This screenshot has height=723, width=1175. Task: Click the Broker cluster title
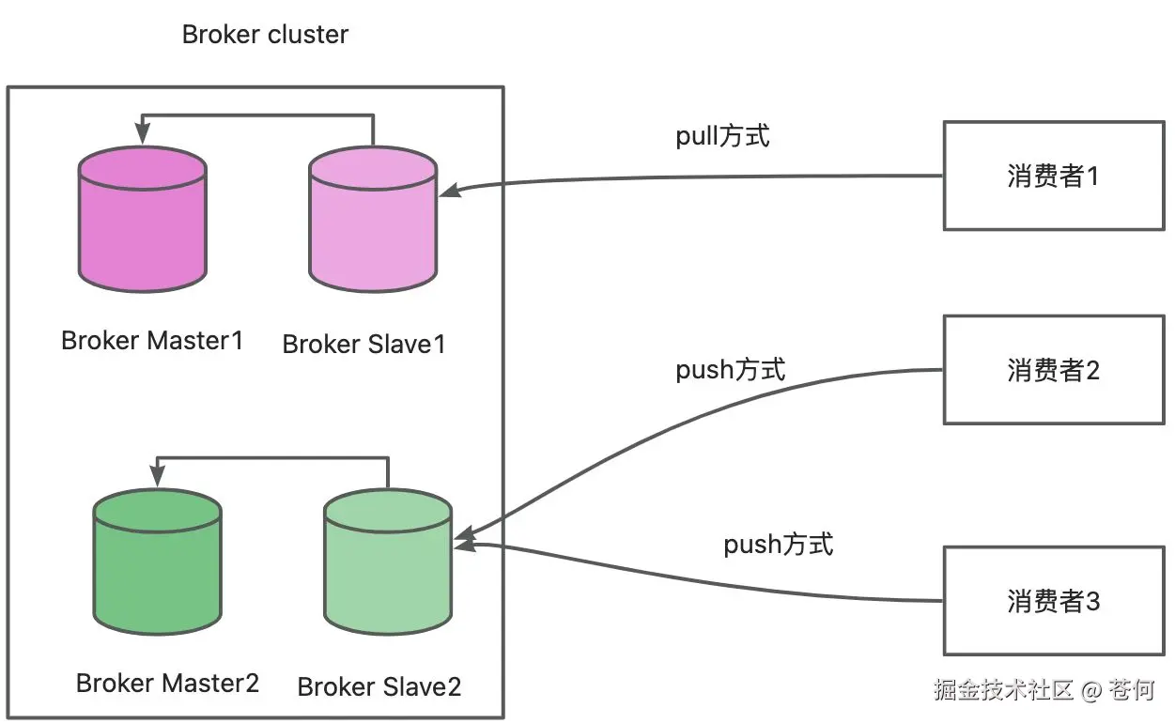click(x=265, y=36)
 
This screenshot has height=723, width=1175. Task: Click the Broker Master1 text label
click(x=152, y=340)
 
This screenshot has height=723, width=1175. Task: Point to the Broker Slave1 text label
click(x=363, y=344)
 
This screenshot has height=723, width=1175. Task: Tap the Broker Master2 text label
click(x=167, y=683)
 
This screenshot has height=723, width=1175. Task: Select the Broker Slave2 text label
click(x=379, y=686)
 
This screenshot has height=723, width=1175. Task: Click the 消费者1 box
click(x=1053, y=176)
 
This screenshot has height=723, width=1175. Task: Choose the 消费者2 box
click(x=1053, y=369)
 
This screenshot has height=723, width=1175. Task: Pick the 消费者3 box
click(x=1053, y=601)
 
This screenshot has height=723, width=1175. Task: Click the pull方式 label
click(x=722, y=136)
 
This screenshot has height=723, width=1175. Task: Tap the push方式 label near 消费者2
click(x=730, y=370)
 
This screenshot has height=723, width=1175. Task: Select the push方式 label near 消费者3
click(x=778, y=544)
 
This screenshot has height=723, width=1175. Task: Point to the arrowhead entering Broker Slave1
click(x=448, y=191)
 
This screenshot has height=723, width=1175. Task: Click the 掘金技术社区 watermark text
click(x=1003, y=690)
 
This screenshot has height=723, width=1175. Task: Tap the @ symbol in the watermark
click(x=1090, y=691)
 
